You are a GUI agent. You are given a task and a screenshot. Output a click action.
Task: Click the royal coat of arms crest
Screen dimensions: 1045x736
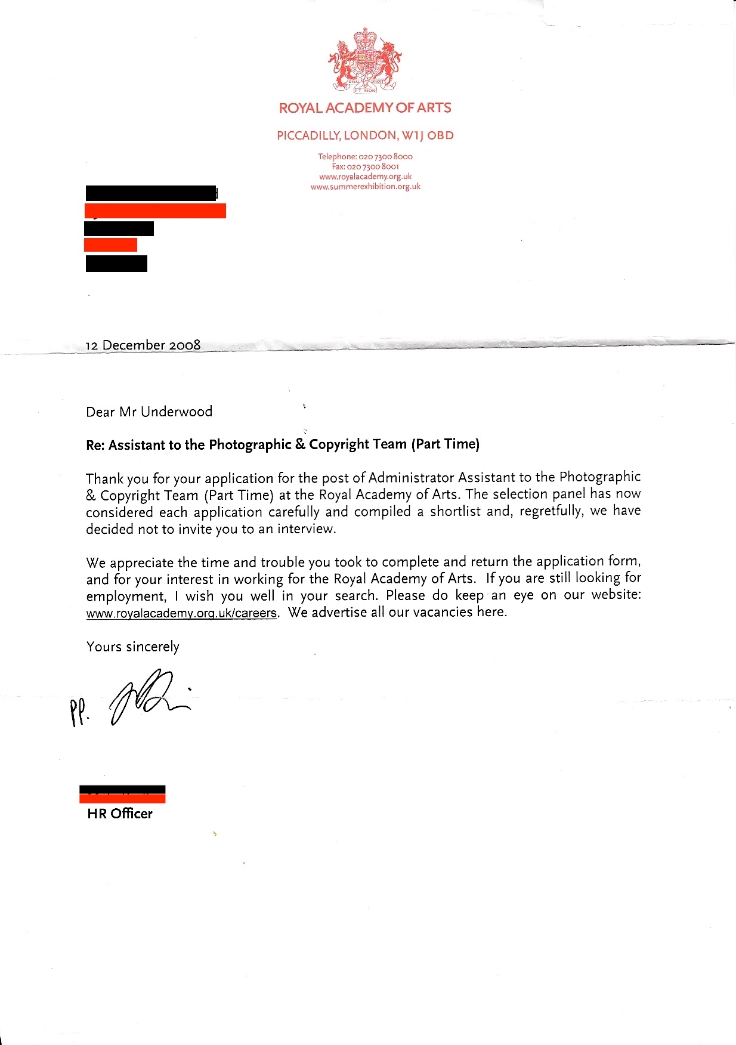[364, 61]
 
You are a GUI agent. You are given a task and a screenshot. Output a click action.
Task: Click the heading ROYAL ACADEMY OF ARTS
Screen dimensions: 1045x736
[365, 108]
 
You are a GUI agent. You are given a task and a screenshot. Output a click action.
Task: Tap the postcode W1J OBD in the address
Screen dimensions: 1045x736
[427, 135]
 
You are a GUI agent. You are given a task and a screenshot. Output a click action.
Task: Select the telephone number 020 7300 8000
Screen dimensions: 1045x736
[385, 157]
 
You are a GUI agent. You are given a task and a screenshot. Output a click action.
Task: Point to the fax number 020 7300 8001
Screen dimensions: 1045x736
[373, 166]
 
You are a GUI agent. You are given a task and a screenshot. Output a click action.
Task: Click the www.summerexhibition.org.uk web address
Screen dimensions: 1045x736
[365, 187]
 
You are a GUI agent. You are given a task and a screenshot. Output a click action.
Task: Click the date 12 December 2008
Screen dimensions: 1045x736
[143, 345]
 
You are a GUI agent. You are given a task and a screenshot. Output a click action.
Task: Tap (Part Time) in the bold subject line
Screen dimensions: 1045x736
[445, 444]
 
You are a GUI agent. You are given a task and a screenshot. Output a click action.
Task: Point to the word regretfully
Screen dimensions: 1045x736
[551, 511]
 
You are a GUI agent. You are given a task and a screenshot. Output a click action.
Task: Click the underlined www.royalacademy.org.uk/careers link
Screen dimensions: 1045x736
[181, 613]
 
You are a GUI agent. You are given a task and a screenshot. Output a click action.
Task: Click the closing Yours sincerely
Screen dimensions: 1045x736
[132, 647]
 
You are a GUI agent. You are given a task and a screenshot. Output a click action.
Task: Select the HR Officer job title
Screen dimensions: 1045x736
[120, 814]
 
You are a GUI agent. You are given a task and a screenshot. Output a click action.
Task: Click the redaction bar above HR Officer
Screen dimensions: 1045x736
[122, 794]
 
